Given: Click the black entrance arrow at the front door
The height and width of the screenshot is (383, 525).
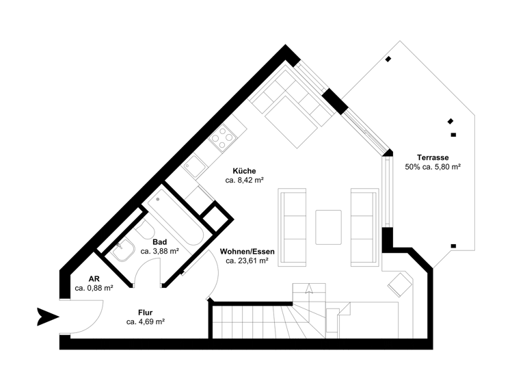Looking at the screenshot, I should (48, 317).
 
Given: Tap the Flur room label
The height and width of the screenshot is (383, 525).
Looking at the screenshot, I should (144, 313).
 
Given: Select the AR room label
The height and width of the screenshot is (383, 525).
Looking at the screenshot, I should (94, 279).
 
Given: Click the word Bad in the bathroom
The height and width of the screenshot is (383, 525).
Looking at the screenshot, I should (159, 242).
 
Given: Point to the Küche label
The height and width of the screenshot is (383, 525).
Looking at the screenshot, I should (244, 171).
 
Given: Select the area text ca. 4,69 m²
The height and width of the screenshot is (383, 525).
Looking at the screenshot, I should (144, 321).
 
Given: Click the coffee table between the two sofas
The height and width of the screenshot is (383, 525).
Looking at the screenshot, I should (329, 227).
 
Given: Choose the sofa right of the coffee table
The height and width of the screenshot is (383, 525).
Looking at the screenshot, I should (363, 226).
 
